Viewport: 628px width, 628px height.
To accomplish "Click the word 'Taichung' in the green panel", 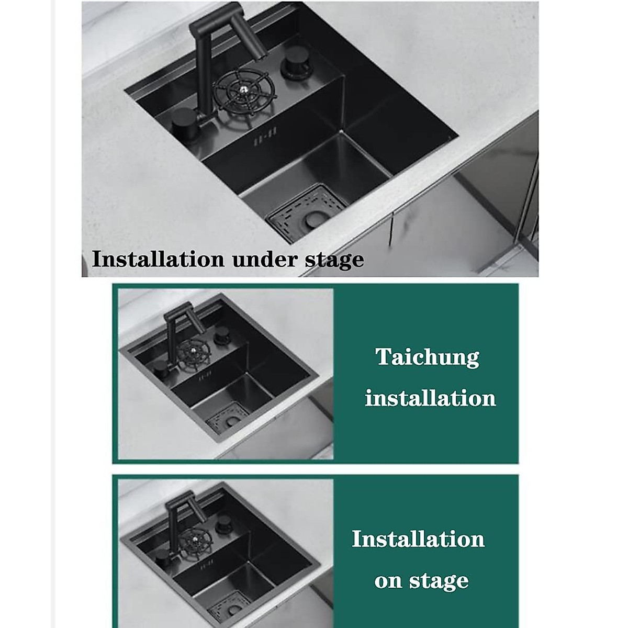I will coord(428,358).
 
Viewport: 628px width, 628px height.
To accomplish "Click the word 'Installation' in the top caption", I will coord(160,259).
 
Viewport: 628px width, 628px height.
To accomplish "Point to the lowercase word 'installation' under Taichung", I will coord(430,398).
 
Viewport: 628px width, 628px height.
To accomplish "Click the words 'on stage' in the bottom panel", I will coord(421,581).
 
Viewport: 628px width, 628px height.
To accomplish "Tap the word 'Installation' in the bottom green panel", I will coord(418,539).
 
